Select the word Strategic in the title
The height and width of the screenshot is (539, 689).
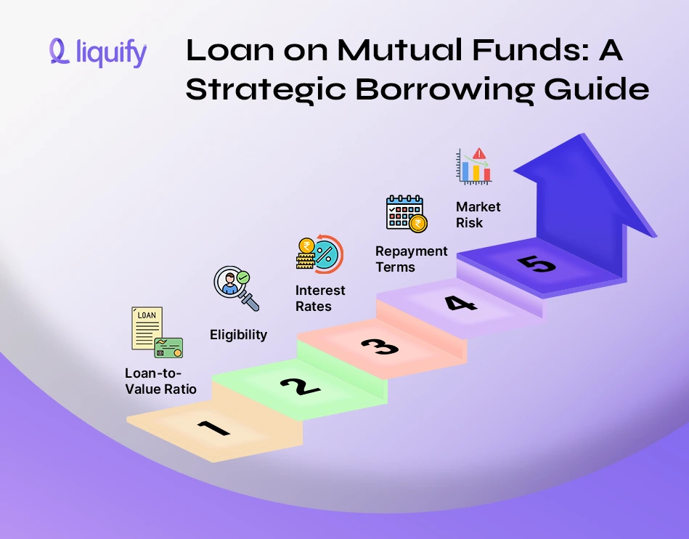(274, 89)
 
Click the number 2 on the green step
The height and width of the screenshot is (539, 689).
(299, 384)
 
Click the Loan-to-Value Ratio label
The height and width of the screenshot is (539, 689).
(160, 381)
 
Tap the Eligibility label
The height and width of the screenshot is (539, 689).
(238, 335)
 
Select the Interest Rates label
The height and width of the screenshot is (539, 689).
(320, 298)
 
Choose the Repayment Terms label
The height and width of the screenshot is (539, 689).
(411, 259)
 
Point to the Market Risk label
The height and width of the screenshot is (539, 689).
(478, 214)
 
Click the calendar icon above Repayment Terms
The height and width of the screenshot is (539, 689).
(405, 213)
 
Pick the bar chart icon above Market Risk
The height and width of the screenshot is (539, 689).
(473, 166)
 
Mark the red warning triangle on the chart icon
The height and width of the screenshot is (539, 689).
(480, 154)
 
